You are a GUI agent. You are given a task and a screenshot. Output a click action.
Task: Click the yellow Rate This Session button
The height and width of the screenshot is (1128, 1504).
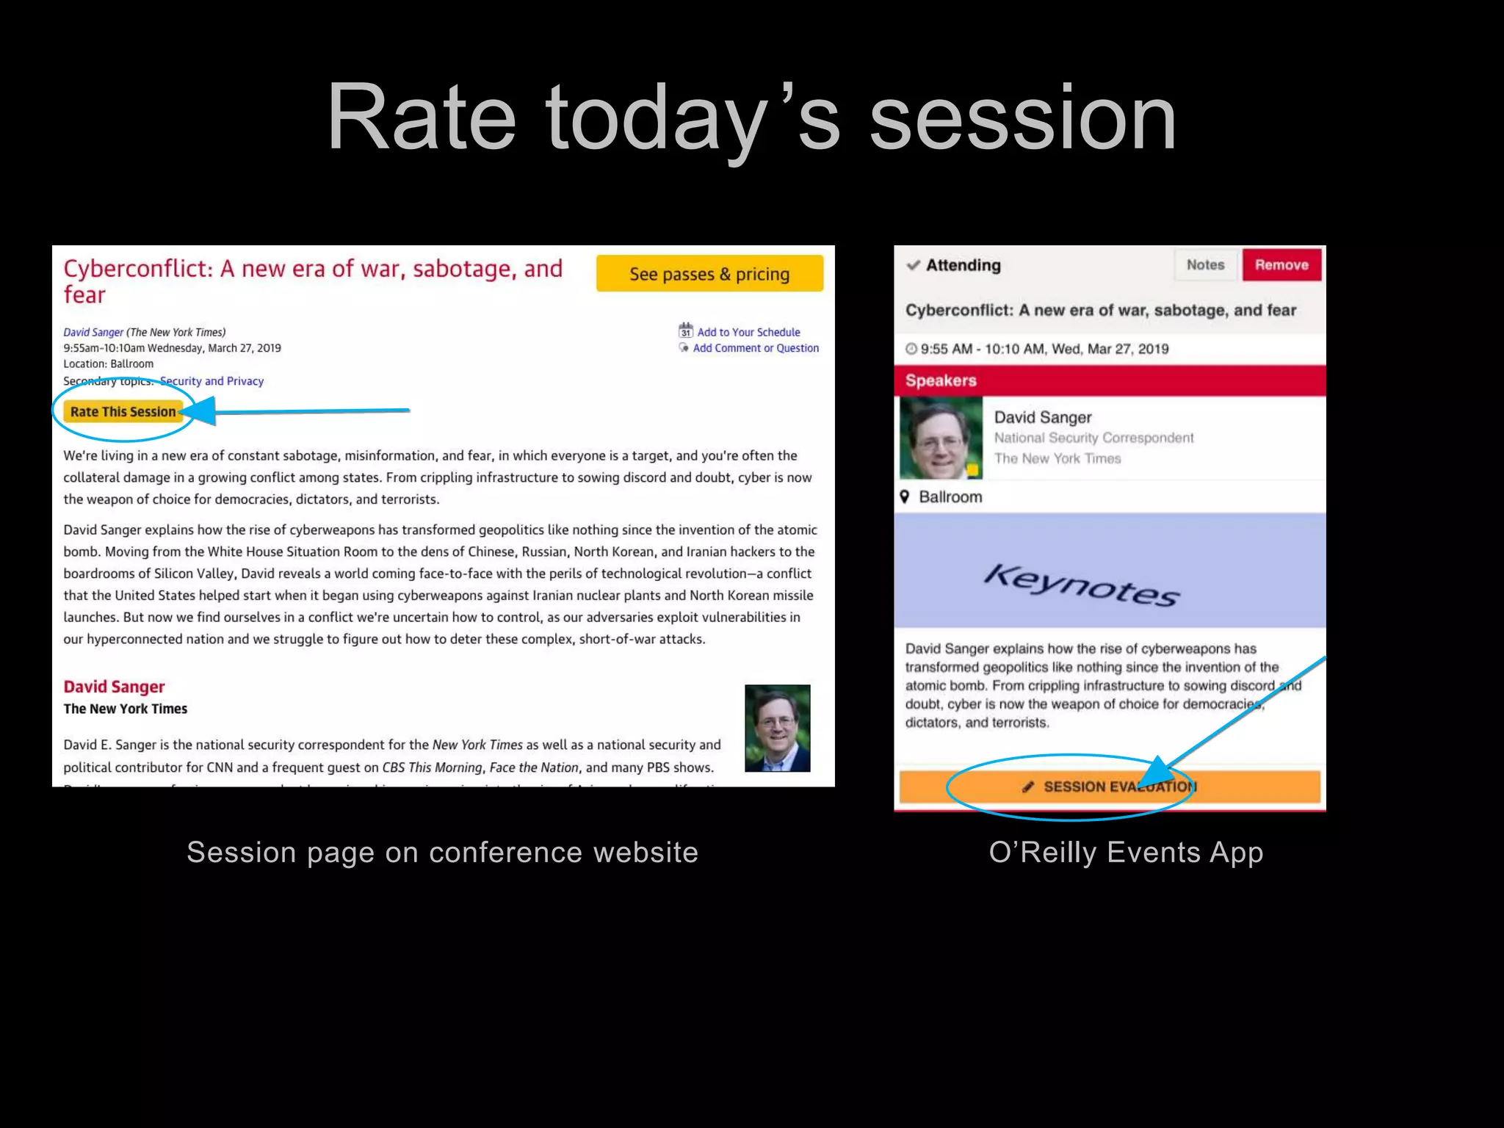[x=123, y=412]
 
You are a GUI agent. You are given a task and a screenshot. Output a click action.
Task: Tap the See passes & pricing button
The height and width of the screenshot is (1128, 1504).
[x=709, y=274]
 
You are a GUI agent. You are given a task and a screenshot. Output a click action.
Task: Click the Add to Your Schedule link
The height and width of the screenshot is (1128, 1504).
[x=748, y=332]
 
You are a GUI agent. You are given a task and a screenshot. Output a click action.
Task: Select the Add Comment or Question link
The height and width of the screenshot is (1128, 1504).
[x=755, y=348]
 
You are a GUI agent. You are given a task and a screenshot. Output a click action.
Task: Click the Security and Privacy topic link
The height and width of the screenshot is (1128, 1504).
[x=211, y=381]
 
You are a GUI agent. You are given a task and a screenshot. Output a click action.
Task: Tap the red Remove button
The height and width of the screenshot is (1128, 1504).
[x=1281, y=265]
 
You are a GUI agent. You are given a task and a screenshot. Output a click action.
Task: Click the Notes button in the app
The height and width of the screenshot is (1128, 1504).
[x=1205, y=265]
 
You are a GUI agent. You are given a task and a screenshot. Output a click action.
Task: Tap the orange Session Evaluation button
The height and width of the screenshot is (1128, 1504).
[x=1109, y=787]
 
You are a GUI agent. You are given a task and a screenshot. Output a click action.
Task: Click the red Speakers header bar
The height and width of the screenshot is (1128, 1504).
[x=1109, y=380]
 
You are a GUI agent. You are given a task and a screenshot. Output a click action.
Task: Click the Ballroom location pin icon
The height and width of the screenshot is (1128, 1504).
[x=905, y=497]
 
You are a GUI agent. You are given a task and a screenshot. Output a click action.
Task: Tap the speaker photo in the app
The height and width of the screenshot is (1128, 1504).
[x=941, y=438]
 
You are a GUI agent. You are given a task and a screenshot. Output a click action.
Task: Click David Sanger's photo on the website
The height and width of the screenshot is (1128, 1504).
[x=777, y=728]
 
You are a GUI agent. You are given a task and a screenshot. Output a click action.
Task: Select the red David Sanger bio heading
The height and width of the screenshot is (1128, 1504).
[x=114, y=687]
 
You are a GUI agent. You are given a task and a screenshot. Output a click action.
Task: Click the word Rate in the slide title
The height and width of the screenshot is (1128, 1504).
[x=421, y=119]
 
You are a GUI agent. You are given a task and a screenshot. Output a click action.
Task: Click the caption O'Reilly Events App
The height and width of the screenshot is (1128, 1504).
[x=1125, y=853]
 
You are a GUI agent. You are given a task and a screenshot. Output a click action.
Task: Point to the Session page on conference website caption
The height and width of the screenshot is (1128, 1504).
[x=442, y=853]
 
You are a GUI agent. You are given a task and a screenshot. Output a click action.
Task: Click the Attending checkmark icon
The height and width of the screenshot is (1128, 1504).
[x=913, y=265]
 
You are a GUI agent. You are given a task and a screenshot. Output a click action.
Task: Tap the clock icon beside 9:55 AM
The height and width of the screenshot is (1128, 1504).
[x=911, y=349]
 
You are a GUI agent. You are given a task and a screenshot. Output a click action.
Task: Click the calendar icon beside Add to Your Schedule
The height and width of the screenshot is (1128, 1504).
[x=685, y=330]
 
